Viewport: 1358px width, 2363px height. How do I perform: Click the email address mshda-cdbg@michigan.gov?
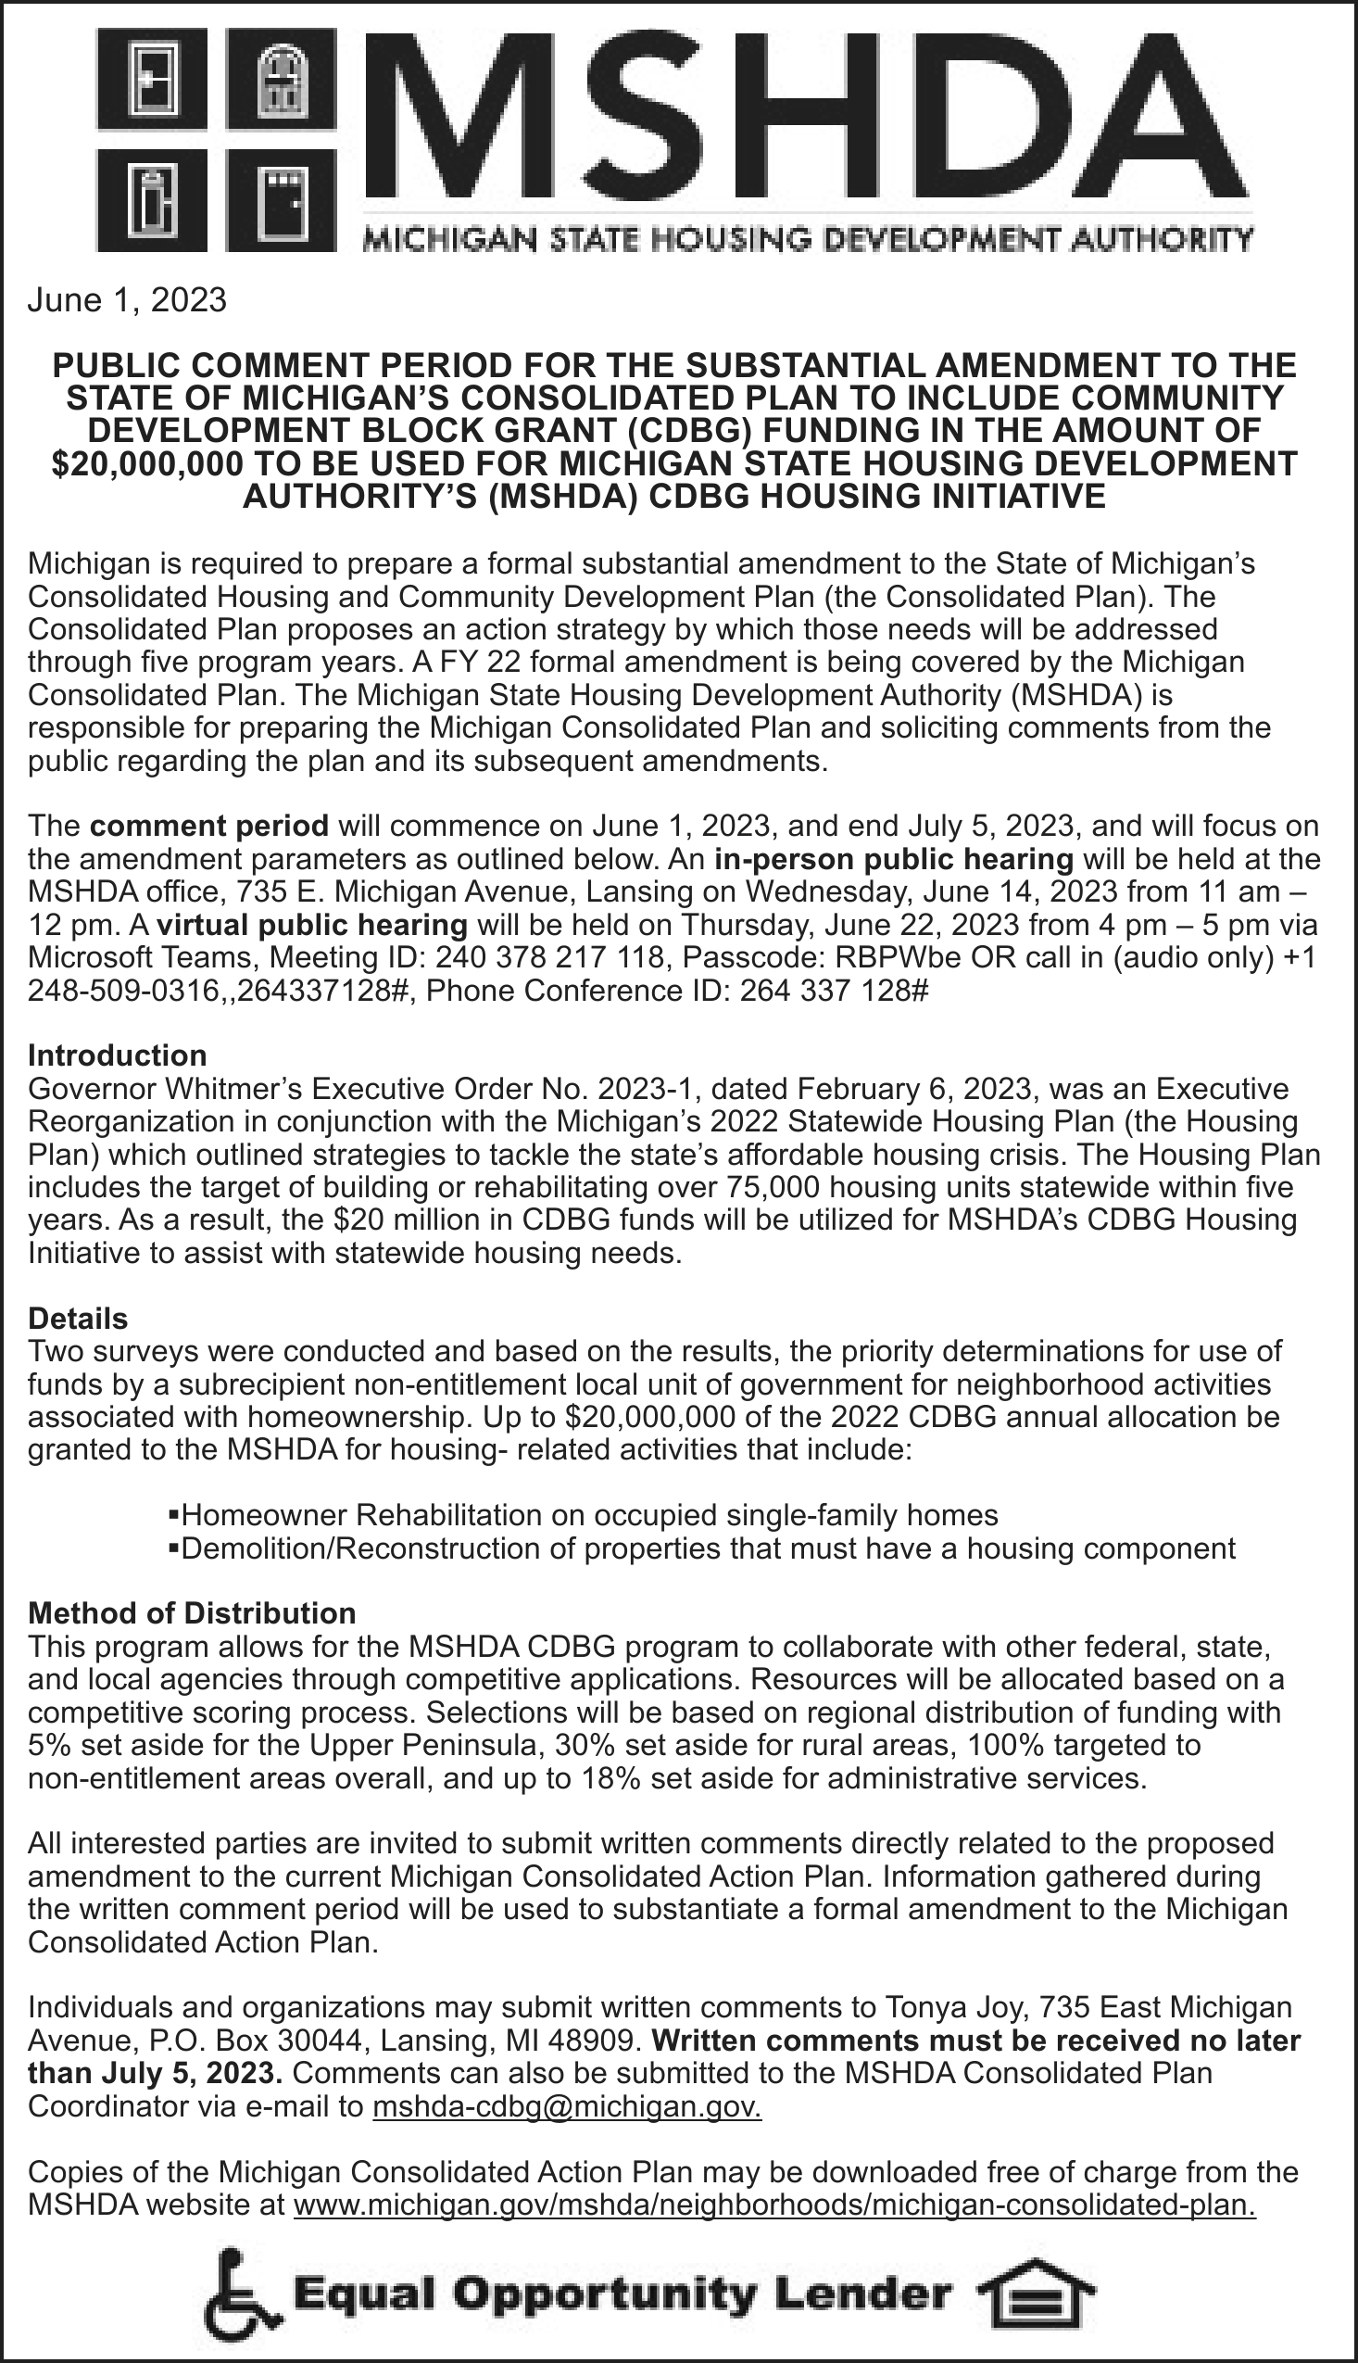point(566,2106)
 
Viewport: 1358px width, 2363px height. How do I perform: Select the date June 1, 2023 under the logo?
point(127,299)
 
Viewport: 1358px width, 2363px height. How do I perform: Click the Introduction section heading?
point(118,1055)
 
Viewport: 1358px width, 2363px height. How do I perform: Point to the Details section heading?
point(79,1318)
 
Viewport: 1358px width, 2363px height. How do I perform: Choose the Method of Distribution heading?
point(192,1613)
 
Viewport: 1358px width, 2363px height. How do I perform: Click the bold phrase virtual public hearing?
point(312,925)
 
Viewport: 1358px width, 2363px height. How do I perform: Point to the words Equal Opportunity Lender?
point(622,2292)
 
